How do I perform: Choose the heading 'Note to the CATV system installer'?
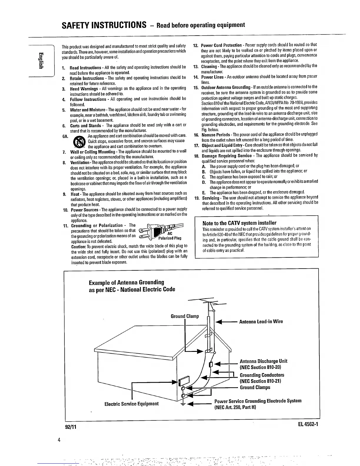pyautogui.click(x=239, y=223)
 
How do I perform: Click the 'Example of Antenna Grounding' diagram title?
pyautogui.click(x=126, y=283)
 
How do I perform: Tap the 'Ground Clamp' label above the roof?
pyautogui.click(x=185, y=316)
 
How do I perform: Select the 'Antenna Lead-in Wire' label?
pyautogui.click(x=261, y=322)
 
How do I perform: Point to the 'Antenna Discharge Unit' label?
pyautogui.click(x=263, y=361)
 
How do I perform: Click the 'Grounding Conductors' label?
pyautogui.click(x=262, y=375)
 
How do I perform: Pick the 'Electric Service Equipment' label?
pyautogui.click(x=131, y=404)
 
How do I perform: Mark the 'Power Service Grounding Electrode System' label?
pyautogui.click(x=258, y=401)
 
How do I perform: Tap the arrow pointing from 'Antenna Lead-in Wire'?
pyautogui.click(x=226, y=322)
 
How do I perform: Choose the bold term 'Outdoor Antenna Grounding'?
pyautogui.click(x=226, y=87)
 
